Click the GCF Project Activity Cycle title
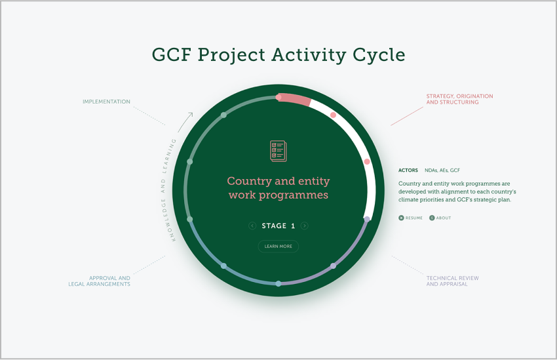pos(278,55)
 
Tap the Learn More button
pos(278,247)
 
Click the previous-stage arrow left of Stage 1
pos(252,226)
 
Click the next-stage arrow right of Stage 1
pos(305,226)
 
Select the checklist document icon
pos(278,151)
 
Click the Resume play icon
pos(401,218)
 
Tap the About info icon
pos(432,218)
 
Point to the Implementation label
pos(106,102)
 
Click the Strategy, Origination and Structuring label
pos(459,99)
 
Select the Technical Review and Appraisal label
pos(453,281)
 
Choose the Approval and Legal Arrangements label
pos(100,281)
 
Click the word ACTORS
pos(408,170)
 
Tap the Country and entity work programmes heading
pos(278,188)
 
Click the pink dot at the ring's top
pos(278,97)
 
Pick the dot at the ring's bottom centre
pos(278,283)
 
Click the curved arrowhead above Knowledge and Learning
pos(191,115)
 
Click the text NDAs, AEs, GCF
pos(442,170)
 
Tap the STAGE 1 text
pos(278,226)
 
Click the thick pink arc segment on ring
pos(295,100)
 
